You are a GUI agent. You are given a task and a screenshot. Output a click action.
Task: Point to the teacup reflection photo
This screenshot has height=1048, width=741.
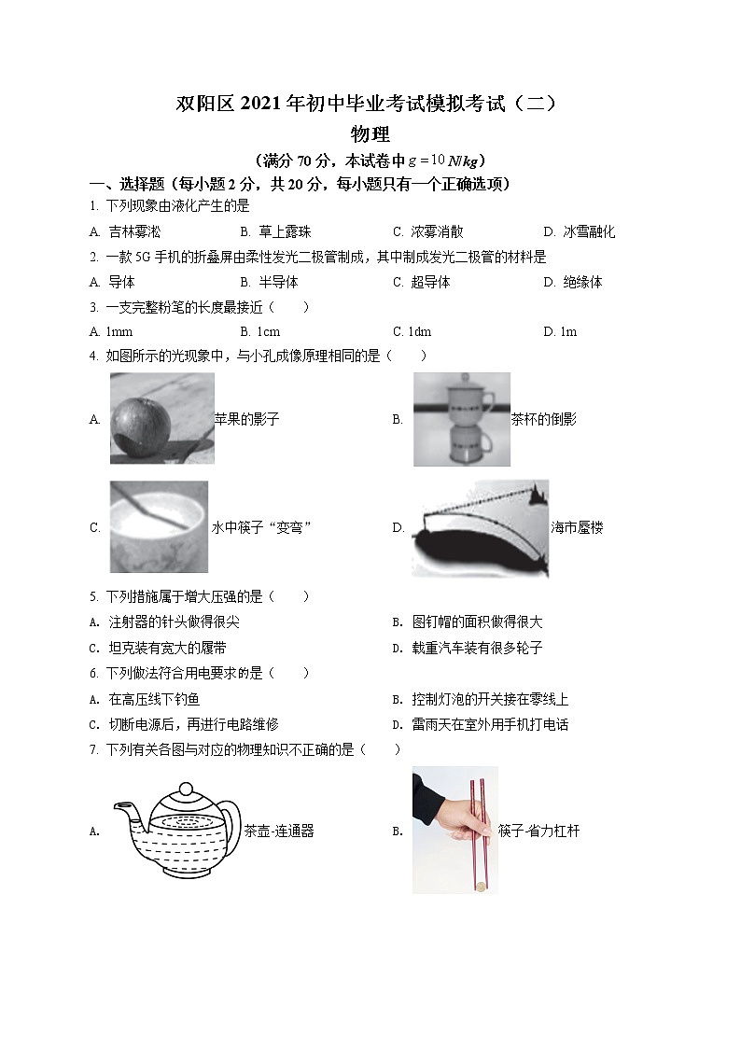pos(461,419)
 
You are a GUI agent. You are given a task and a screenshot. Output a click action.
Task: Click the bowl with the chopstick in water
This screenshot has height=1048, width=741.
pos(158,527)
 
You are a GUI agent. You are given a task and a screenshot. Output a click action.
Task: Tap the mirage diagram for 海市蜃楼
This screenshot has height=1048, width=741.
pos(480,528)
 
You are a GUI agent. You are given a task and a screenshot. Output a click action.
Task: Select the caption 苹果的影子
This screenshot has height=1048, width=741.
pos(246,420)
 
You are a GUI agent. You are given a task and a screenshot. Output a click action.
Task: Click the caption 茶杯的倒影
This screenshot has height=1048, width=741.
pos(544,420)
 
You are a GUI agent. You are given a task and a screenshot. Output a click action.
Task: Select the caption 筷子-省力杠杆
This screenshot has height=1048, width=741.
pos(539,831)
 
